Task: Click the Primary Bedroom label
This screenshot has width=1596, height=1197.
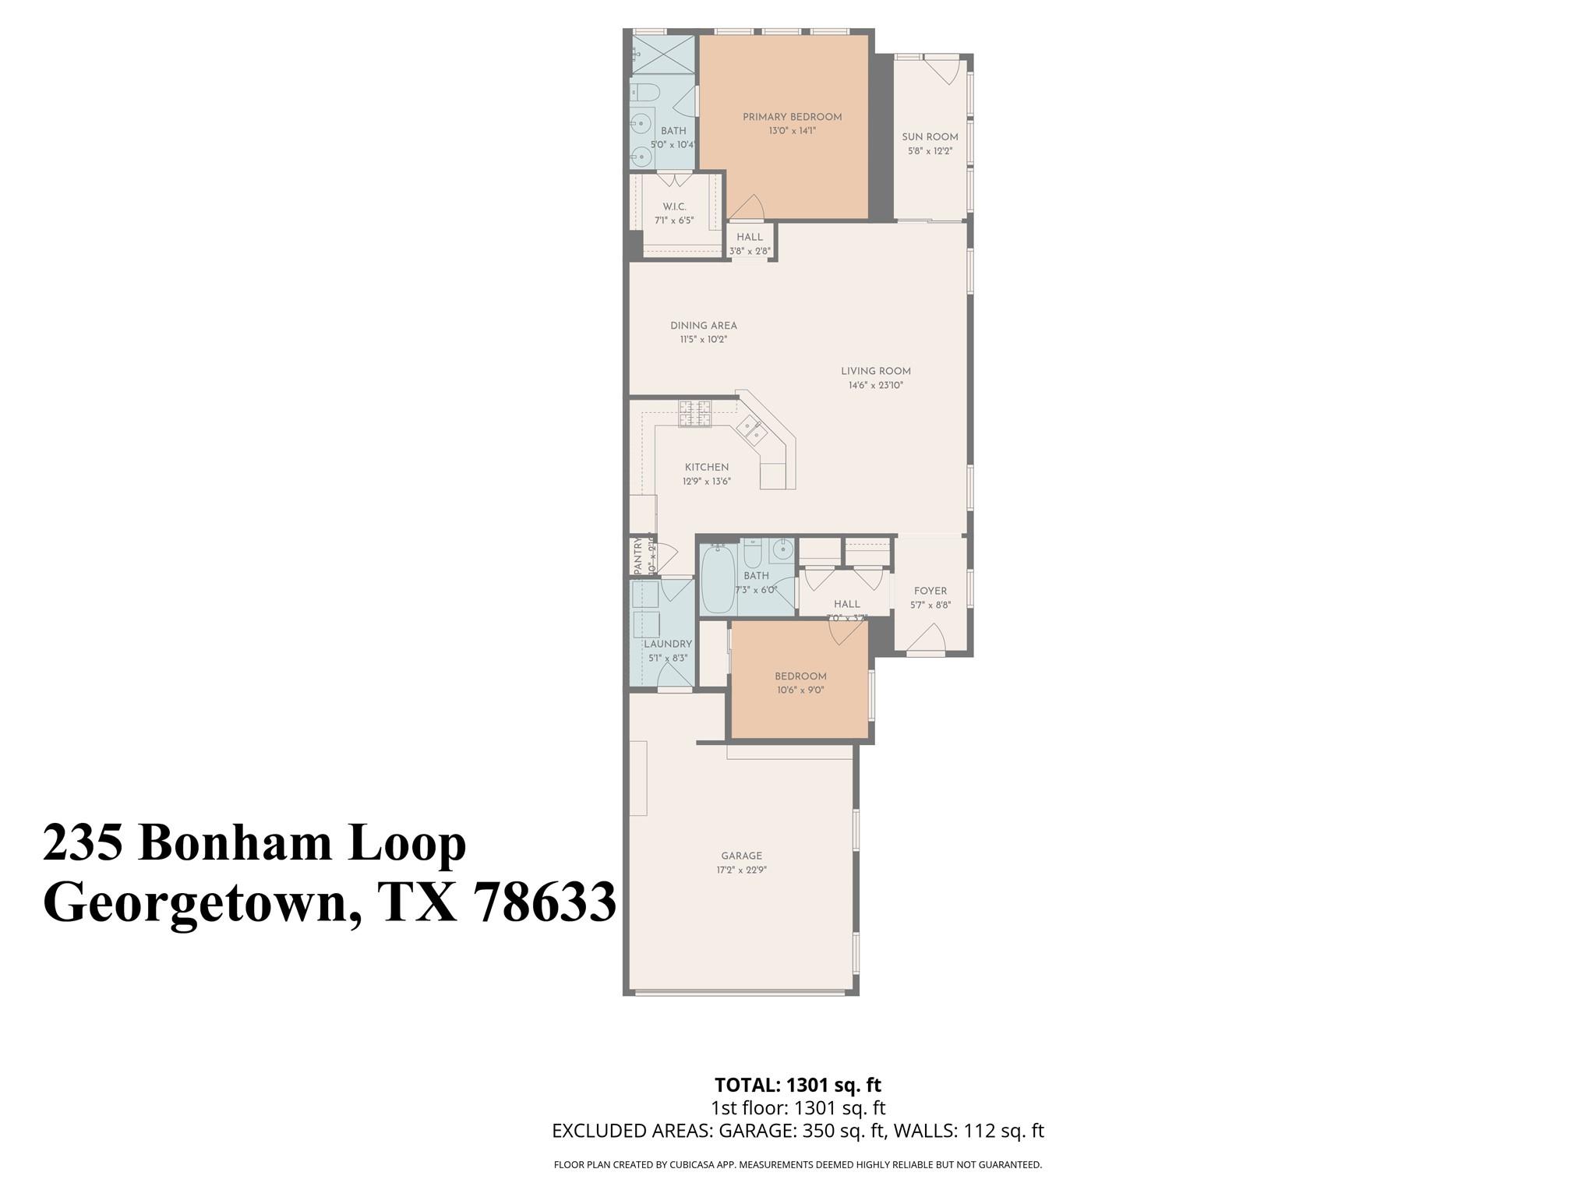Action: click(x=792, y=117)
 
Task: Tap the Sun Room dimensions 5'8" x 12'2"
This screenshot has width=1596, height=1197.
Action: click(x=930, y=151)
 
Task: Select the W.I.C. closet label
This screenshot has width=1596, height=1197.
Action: click(x=674, y=207)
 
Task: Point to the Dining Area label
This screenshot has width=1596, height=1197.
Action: click(x=703, y=326)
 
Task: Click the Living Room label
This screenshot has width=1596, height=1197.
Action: click(x=875, y=371)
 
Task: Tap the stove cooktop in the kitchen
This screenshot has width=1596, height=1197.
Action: click(x=694, y=414)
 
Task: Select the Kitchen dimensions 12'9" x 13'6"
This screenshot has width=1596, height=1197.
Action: click(x=706, y=482)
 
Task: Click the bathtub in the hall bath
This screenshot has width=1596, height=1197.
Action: click(x=718, y=581)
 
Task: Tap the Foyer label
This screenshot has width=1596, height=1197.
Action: click(x=930, y=591)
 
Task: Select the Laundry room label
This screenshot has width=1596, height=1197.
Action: click(x=668, y=644)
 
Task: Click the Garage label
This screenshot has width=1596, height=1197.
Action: click(x=741, y=856)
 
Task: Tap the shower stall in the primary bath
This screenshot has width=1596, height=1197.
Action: click(x=662, y=55)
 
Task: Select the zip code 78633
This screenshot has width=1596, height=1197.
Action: click(x=545, y=904)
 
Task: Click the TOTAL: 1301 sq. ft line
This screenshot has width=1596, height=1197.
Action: click(x=797, y=1084)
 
